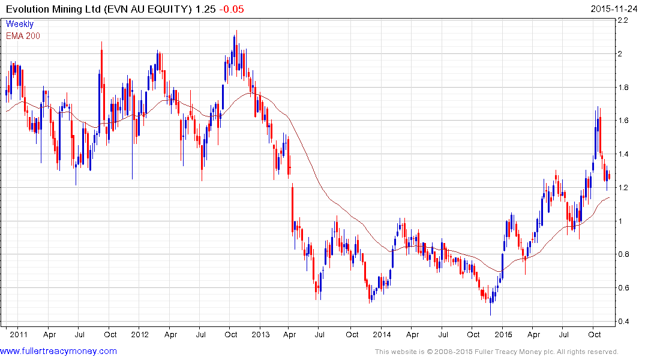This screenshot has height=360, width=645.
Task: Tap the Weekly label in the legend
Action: pyautogui.click(x=20, y=24)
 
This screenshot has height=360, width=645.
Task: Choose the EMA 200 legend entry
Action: pyautogui.click(x=23, y=35)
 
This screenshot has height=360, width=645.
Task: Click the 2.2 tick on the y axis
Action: pyautogui.click(x=624, y=20)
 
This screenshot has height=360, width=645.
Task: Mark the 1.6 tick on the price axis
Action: pyautogui.click(x=624, y=121)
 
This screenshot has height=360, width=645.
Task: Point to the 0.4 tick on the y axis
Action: pyautogui.click(x=624, y=322)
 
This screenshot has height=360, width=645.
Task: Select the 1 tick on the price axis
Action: pyautogui.click(x=621, y=221)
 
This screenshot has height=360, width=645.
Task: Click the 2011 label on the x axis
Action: pyautogui.click(x=18, y=334)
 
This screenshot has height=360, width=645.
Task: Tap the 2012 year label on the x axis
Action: pyautogui.click(x=139, y=334)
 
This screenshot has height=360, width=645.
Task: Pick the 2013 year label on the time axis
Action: pyautogui.click(x=260, y=334)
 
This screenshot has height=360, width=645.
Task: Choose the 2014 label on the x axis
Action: pyautogui.click(x=382, y=334)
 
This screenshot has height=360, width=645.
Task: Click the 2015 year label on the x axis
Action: pyautogui.click(x=503, y=334)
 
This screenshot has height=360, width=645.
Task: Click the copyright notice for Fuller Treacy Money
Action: pyautogui.click(x=496, y=352)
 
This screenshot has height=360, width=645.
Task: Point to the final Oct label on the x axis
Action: pyautogui.click(x=595, y=334)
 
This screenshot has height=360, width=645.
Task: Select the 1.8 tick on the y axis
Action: pyautogui.click(x=624, y=88)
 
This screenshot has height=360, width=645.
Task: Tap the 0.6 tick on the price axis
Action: pyautogui.click(x=624, y=288)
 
